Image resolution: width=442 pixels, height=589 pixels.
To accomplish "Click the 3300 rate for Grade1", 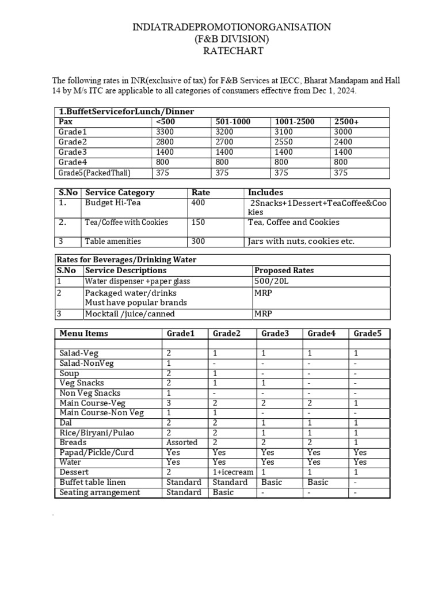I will click(165, 132).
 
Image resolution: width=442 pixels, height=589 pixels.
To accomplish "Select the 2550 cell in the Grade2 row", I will click(286, 142).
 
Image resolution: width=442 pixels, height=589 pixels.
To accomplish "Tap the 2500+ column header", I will click(346, 122).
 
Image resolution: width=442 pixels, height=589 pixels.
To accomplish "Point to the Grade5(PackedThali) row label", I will click(94, 173).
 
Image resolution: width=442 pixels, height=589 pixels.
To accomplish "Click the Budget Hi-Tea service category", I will click(113, 203).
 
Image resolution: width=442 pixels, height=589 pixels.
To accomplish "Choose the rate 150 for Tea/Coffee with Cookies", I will click(199, 222).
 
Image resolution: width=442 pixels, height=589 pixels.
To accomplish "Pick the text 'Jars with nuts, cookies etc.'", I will click(301, 242).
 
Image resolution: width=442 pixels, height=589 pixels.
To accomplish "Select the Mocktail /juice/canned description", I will click(129, 314).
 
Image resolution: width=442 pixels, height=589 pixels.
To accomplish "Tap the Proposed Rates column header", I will click(282, 270).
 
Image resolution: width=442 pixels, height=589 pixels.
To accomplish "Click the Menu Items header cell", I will click(83, 334).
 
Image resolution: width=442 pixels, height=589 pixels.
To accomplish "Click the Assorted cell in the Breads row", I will click(182, 442).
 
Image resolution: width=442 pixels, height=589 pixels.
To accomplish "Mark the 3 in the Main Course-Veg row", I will click(169, 403).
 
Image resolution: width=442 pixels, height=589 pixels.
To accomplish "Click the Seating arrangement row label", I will click(100, 492).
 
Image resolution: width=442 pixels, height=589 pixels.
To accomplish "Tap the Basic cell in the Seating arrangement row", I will click(223, 492).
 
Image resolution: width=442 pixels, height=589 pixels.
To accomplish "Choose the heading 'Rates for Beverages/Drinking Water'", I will click(126, 260).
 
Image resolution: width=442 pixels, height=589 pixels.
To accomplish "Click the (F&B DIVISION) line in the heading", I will click(232, 39).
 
